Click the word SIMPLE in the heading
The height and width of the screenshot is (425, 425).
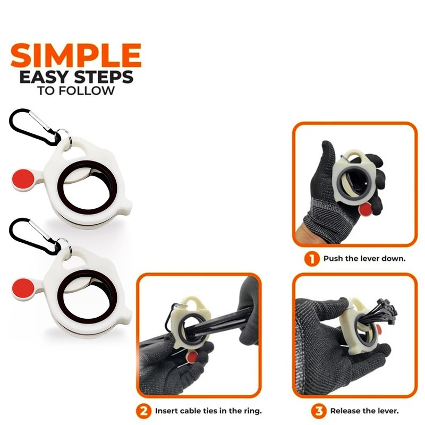click(76, 55)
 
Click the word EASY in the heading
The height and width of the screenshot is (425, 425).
click(42, 78)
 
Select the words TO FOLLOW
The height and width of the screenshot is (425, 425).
click(76, 91)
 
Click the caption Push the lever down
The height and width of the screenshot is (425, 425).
click(364, 260)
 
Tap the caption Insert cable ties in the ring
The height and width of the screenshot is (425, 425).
click(208, 411)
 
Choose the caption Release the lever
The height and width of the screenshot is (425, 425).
click(364, 411)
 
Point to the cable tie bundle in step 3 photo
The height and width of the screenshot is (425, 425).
click(380, 313)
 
